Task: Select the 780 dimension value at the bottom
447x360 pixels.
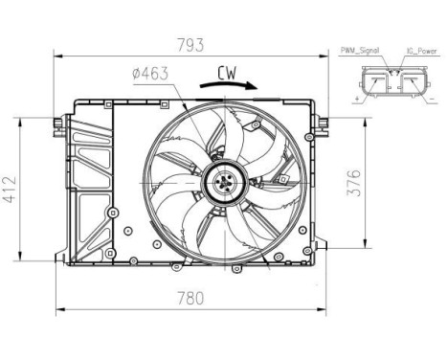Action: coord(191,297)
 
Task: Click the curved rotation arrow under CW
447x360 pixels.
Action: coord(230,85)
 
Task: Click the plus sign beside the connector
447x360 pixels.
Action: coord(357,98)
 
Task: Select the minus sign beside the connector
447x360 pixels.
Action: coord(434,98)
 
